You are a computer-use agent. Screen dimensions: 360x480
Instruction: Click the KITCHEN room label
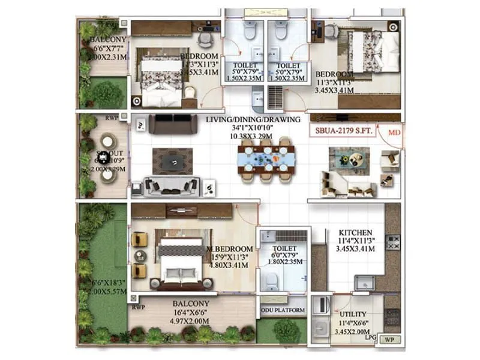(x=356, y=232)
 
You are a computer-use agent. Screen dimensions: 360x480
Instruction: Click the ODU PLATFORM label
(x=283, y=310)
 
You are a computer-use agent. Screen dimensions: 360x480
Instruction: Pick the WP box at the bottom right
(x=391, y=340)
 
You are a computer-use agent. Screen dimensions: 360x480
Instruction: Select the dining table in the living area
(x=264, y=159)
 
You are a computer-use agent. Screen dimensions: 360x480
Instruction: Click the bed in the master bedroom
(x=181, y=263)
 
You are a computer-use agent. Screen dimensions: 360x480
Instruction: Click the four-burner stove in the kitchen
(x=393, y=242)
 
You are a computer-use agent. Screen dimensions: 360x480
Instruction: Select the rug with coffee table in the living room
(x=172, y=160)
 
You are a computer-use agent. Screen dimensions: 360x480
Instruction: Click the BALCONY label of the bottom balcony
(x=191, y=304)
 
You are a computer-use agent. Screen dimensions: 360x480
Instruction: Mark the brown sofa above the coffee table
(x=173, y=124)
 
